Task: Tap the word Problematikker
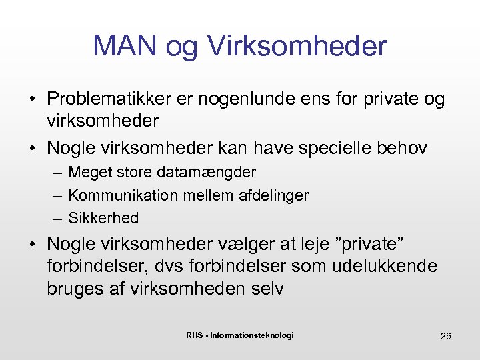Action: tap(109, 99)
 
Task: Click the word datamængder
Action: tap(207, 173)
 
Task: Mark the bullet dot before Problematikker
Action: tap(32, 100)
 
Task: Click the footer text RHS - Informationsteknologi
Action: tap(240, 335)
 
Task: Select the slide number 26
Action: tap(445, 335)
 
